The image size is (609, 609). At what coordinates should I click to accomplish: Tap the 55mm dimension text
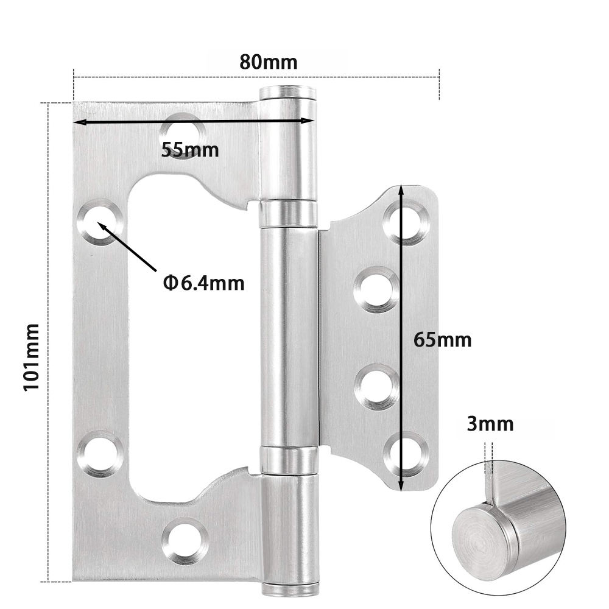pos(190,150)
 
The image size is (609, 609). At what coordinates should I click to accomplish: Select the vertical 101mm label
pos(31,357)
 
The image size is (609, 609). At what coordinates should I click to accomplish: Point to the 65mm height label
pos(442,339)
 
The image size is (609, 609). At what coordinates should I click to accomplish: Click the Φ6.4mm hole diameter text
pos(203,283)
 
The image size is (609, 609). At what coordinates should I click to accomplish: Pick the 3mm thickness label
pos(490,424)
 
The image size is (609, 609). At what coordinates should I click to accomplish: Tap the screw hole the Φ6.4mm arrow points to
pos(99,222)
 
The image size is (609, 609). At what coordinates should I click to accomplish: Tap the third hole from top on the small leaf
pos(377,386)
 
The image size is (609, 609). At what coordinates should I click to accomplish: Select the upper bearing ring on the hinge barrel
pos(289,213)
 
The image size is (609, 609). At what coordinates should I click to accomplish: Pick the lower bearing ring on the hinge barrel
pos(289,460)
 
